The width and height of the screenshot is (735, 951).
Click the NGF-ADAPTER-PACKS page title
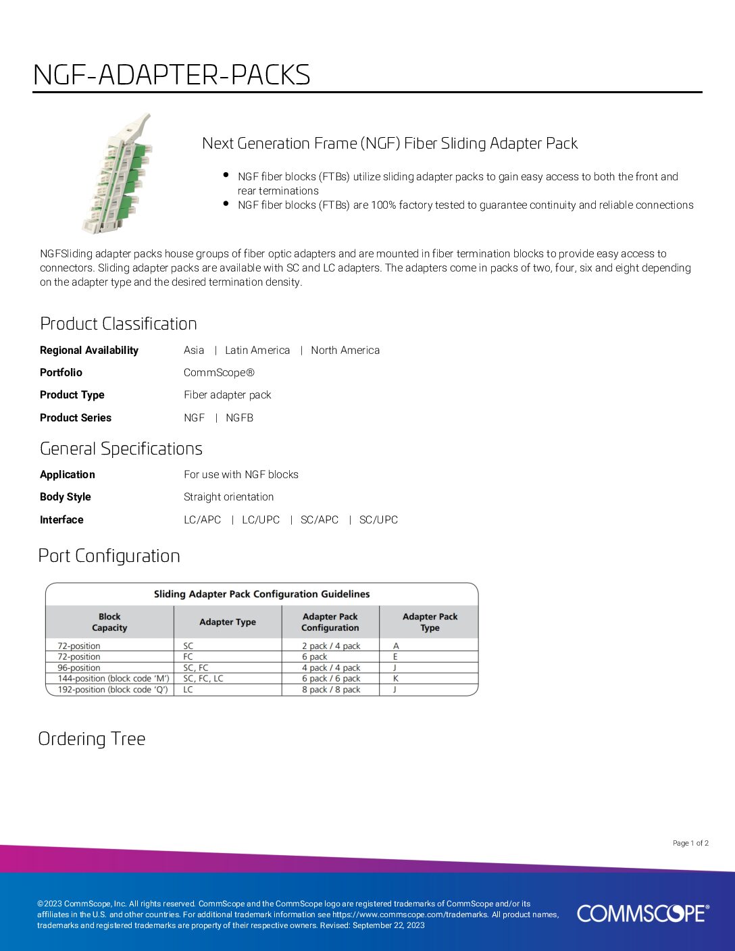point(172,75)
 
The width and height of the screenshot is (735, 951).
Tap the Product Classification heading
point(118,324)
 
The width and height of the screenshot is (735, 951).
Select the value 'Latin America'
point(257,350)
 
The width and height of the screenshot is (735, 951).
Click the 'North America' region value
point(345,350)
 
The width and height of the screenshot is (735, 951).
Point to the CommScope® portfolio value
point(219,372)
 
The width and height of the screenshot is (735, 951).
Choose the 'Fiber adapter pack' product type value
point(227,394)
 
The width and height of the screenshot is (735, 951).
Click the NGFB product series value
point(239,417)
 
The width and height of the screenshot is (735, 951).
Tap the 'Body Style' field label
point(65,496)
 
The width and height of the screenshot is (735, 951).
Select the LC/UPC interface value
point(261,519)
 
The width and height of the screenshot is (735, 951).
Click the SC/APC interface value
point(320,519)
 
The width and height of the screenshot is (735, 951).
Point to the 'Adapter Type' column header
point(228,622)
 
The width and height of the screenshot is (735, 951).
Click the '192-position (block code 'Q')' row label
point(113,690)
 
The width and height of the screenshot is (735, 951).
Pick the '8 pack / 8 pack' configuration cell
point(331,690)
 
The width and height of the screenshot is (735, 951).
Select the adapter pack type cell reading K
point(396,678)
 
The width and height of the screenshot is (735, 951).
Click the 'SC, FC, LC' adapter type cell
point(203,678)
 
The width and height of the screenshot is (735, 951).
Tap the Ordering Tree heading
point(92,739)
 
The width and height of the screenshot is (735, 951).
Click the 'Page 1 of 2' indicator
point(690,843)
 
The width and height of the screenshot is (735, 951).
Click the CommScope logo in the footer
point(642,913)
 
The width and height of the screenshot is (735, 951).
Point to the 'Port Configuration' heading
point(109,556)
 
